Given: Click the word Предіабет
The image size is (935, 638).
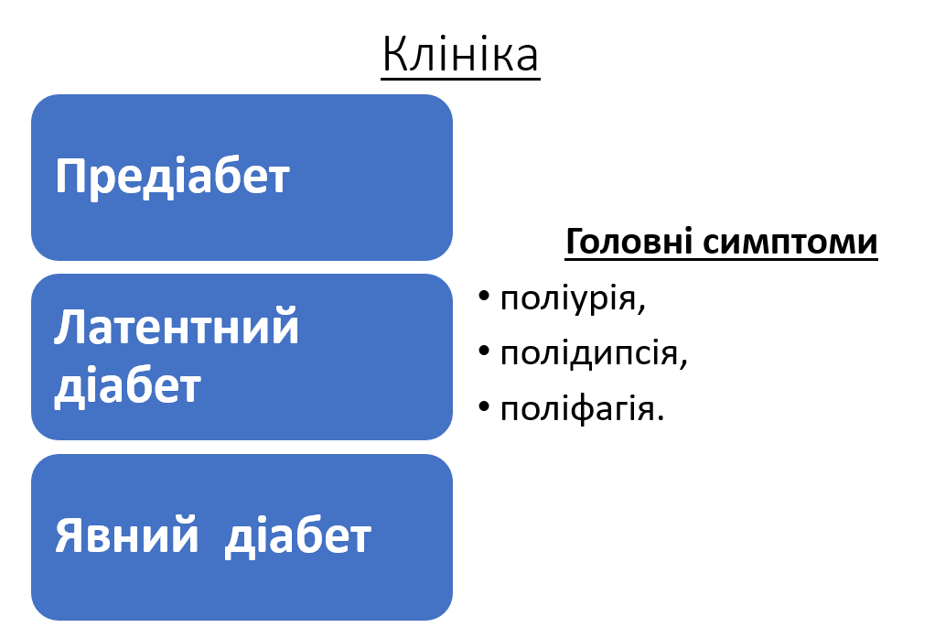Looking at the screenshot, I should tap(172, 176).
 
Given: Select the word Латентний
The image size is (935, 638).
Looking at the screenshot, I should tap(177, 328).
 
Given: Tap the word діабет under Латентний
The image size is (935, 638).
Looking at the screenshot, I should tap(127, 385).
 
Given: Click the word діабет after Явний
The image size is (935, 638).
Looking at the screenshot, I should tap(297, 535).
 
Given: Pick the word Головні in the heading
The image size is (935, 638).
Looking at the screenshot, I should tap(630, 243).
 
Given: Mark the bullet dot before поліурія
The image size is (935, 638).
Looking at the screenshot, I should tap(484, 297).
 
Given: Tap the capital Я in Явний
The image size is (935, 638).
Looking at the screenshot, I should tap(69, 535).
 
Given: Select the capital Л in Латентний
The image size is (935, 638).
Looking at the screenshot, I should tap(69, 328).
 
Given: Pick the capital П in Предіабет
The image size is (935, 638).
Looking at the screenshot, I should tap(71, 176).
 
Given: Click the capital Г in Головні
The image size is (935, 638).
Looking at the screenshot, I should tap(575, 243).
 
